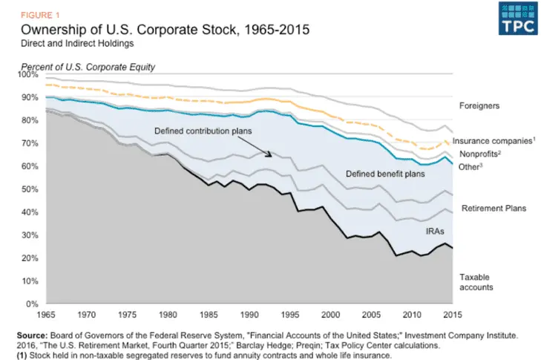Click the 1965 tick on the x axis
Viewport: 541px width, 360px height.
45,314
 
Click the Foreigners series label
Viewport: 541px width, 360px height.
479,106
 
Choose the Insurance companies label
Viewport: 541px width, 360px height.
492,140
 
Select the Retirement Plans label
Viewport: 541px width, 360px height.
494,209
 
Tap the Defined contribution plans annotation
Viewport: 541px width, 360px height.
203,131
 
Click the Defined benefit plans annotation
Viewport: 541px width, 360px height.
384,174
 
